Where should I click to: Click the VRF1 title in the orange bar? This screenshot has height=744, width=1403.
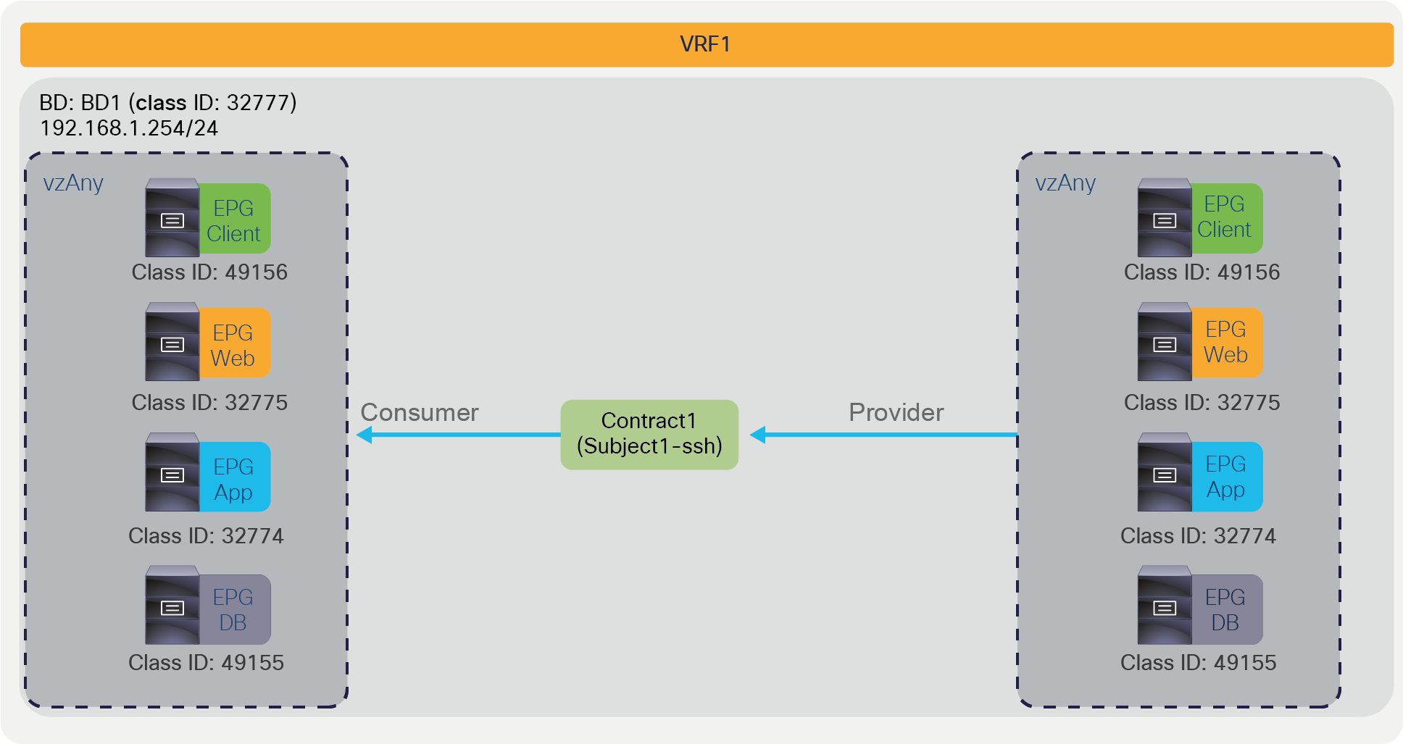coord(705,44)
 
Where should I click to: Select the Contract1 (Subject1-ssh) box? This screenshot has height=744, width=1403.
coord(649,434)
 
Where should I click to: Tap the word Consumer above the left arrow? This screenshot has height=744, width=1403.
coord(420,412)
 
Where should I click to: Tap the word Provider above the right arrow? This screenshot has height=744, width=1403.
coord(896,412)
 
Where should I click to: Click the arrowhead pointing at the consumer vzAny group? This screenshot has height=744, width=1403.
coord(365,435)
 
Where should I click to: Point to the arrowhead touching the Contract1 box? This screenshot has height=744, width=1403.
coord(758,435)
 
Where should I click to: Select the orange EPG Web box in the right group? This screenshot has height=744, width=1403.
coord(1226,342)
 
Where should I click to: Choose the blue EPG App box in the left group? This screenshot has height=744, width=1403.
coord(234,478)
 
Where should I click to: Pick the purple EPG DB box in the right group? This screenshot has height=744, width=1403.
coord(1226,609)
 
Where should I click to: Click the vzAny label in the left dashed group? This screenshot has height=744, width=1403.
coord(73,183)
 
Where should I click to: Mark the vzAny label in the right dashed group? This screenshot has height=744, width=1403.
coord(1065,183)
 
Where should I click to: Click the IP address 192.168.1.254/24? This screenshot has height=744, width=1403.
coord(129,128)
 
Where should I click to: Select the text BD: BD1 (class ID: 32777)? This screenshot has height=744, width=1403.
coord(168,102)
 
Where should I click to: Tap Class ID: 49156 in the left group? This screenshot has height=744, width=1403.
coord(209,272)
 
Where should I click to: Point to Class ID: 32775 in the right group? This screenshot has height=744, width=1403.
coord(1202,403)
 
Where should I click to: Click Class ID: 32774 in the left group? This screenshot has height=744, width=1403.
coord(206,536)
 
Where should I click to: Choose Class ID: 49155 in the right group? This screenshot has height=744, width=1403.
coord(1198,663)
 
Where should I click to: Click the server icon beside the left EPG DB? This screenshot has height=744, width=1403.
coord(172,606)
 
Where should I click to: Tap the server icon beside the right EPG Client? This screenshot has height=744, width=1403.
coord(1164,218)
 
